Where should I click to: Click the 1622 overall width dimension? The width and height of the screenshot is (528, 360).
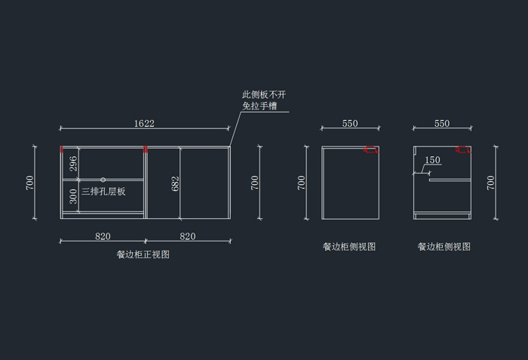point(144,122)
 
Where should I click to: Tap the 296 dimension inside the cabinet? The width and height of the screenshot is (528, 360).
point(73,164)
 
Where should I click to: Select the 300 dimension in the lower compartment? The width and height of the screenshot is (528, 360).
point(73,198)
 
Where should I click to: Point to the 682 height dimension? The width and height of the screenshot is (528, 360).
point(176,183)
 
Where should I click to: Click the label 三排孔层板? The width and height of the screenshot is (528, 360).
point(103,192)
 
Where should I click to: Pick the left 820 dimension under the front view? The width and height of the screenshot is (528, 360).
point(103,236)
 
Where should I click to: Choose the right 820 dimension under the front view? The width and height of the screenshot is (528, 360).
point(188,236)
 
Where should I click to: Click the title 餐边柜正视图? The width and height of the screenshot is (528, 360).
point(143,255)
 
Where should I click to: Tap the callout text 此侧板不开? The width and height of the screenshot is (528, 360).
point(264,95)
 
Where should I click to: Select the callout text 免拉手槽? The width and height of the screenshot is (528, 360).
point(259,106)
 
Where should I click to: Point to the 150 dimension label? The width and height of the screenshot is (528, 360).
point(433,160)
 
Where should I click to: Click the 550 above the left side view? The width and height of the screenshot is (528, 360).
point(350,123)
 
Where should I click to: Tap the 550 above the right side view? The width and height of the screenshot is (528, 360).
point(442,123)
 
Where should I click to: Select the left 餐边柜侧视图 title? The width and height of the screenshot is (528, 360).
point(349,247)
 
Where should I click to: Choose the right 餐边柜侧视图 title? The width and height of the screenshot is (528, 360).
point(444,247)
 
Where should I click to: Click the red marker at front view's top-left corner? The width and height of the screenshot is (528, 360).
point(62,149)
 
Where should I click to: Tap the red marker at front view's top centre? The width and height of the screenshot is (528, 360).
point(145,149)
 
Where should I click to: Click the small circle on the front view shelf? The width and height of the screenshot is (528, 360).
point(103,180)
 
